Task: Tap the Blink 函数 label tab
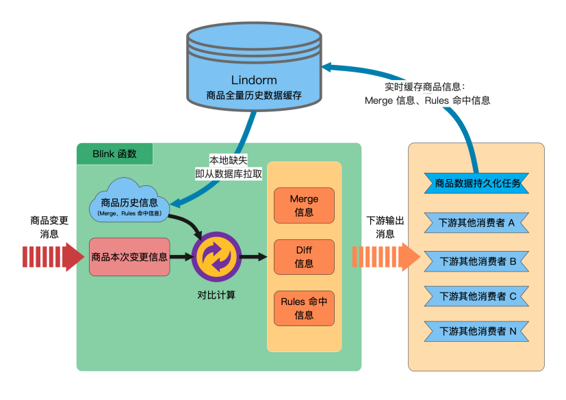point(114,154)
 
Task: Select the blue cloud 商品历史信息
point(129,200)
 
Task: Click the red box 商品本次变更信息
point(129,257)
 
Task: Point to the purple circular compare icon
point(216,257)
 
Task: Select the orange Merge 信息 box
point(304,205)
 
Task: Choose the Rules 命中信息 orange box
point(304,308)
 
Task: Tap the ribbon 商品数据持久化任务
point(478,183)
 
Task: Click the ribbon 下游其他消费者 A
point(477,222)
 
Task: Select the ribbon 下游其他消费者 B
point(477,261)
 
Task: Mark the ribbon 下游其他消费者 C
point(477,296)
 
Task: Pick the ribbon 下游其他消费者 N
point(477,332)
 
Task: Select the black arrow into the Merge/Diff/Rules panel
point(253,257)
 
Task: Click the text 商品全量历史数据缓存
point(254,96)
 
